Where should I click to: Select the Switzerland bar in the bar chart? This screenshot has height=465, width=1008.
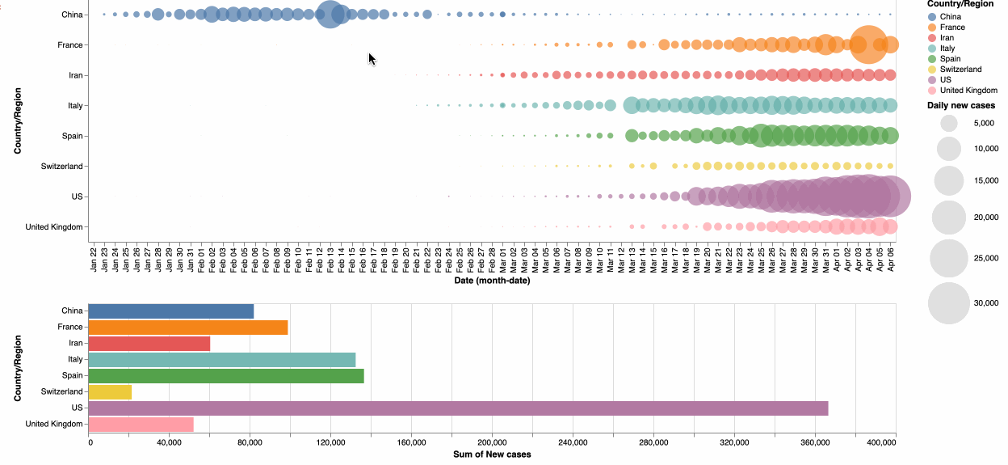coord(110,392)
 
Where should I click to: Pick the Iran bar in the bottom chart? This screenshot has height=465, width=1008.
coord(149,344)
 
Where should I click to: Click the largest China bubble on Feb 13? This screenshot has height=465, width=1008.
coord(330,15)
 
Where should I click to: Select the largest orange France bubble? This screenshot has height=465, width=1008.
coord(868,44)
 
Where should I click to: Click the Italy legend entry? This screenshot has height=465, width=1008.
coord(951,49)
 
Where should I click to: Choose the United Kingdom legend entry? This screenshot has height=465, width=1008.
coord(968,91)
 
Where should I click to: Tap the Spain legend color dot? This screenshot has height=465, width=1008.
coord(932,59)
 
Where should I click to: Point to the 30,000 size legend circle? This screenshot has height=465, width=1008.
coord(948,303)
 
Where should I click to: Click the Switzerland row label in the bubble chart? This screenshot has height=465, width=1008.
coord(61,167)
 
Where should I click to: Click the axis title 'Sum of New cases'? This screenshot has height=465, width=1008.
coord(491,454)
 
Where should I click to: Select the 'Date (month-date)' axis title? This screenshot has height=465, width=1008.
coord(491,281)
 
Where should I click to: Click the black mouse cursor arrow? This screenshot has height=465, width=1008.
coord(372,59)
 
